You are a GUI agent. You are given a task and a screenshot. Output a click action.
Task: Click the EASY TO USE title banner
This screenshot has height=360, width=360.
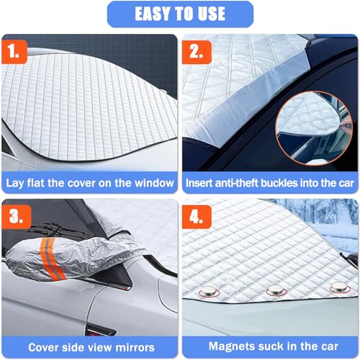pos(180,14)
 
